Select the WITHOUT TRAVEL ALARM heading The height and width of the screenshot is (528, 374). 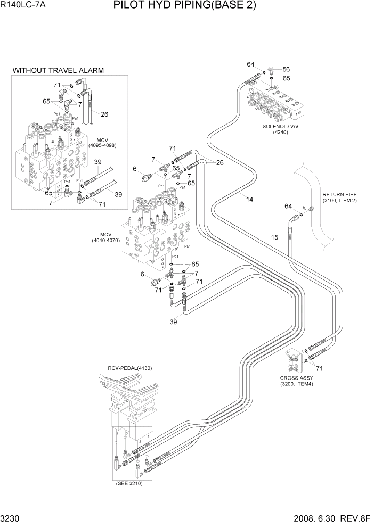[x=58, y=70]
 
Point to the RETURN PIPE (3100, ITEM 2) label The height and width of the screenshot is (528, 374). [x=339, y=197]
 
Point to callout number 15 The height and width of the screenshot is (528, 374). [x=275, y=237]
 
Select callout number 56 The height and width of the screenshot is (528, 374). [x=286, y=69]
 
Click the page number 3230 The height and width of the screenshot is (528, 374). [x=11, y=518]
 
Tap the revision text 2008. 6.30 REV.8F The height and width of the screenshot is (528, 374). [x=331, y=518]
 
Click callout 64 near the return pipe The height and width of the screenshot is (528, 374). [x=288, y=206]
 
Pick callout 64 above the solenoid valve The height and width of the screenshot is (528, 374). [x=250, y=64]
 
